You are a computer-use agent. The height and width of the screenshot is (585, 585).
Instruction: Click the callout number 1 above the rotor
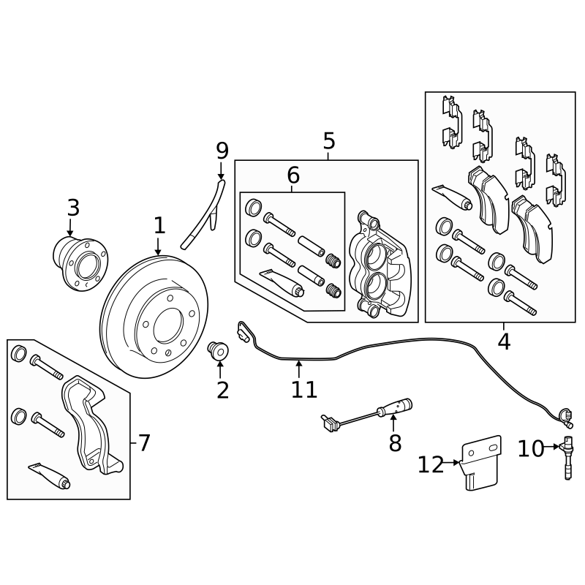(159, 226)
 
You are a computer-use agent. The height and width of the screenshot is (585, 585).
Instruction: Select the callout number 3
(73, 208)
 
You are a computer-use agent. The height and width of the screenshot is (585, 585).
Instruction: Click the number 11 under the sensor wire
(303, 389)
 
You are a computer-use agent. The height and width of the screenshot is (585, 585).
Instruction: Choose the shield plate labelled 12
(480, 465)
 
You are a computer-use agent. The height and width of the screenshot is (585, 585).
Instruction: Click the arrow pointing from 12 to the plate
(455, 462)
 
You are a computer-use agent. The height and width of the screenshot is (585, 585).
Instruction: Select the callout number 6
(292, 175)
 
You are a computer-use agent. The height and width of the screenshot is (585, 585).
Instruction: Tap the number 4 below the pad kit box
(504, 341)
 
